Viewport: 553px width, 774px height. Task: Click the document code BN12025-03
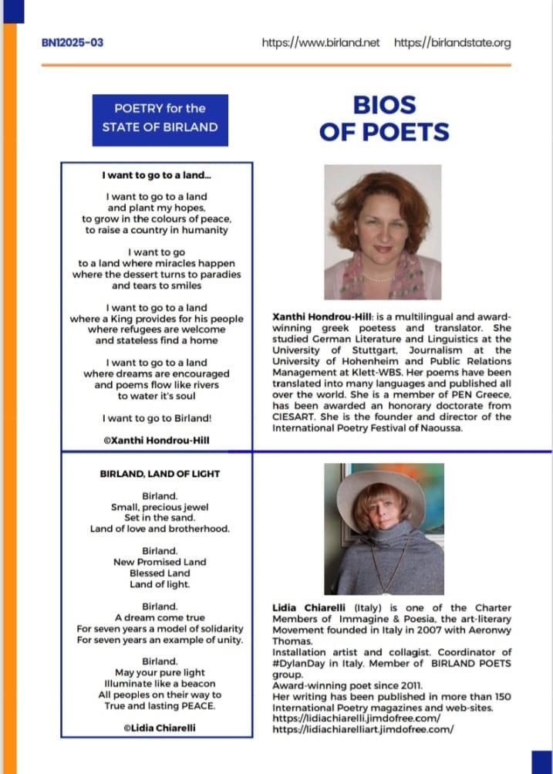point(72,42)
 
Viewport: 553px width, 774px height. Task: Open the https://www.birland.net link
point(320,42)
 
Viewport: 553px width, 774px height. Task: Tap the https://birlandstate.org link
point(452,42)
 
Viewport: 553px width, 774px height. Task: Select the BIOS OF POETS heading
point(383,118)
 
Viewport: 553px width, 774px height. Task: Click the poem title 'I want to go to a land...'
point(157,176)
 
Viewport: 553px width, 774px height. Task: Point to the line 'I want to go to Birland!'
point(157,418)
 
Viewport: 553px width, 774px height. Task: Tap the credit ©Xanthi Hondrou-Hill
point(157,441)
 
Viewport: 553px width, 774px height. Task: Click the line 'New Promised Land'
point(160,562)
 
